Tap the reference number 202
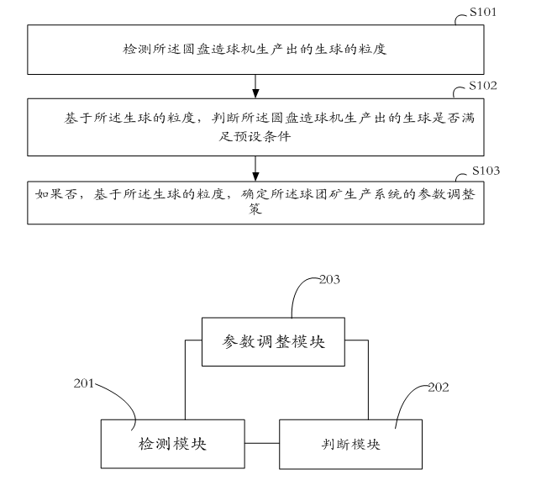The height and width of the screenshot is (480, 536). point(438,388)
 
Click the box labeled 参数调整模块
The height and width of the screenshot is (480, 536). point(273,341)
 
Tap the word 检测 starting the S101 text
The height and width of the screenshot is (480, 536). point(133,50)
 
